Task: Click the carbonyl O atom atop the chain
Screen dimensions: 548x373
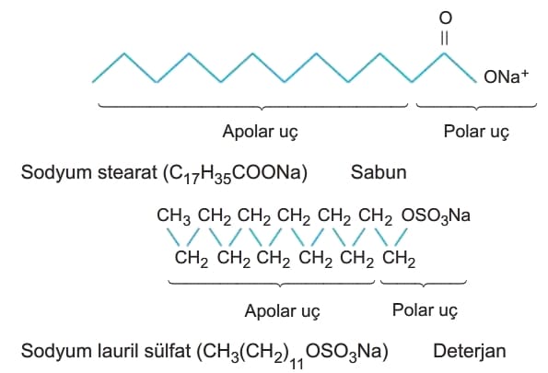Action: point(445,17)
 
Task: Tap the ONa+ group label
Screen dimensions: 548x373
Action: point(506,76)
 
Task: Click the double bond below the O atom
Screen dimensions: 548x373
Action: point(444,38)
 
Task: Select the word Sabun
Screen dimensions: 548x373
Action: point(379,172)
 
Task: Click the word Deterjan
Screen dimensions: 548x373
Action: point(470,351)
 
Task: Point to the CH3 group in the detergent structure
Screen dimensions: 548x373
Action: point(174,216)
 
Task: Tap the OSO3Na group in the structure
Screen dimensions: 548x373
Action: point(436,216)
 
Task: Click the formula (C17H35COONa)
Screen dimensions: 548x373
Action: point(236,174)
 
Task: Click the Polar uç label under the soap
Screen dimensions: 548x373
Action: point(476,132)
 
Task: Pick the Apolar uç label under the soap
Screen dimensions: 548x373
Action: point(261,132)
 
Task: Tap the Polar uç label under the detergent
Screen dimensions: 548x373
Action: point(425,310)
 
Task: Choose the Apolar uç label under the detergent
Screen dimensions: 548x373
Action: point(282,311)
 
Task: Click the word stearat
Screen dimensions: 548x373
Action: point(128,172)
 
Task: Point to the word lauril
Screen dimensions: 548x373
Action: point(116,351)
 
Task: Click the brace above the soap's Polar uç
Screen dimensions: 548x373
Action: point(476,107)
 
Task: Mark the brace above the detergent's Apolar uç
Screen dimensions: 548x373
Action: point(272,284)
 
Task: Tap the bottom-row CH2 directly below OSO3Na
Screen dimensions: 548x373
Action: point(399,259)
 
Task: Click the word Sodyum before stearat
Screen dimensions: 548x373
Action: point(56,173)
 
